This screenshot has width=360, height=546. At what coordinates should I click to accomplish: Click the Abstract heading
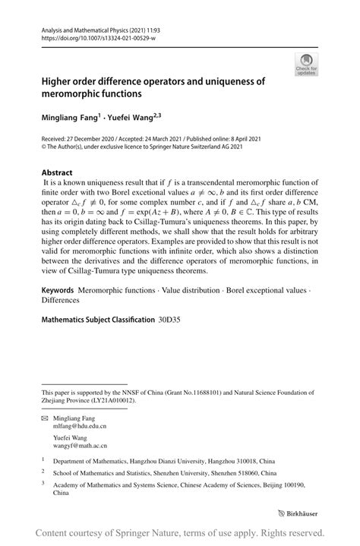pos(58,172)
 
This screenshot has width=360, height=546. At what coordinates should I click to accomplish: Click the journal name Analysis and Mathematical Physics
pos(83,27)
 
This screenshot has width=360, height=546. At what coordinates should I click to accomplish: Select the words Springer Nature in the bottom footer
pos(166,532)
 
